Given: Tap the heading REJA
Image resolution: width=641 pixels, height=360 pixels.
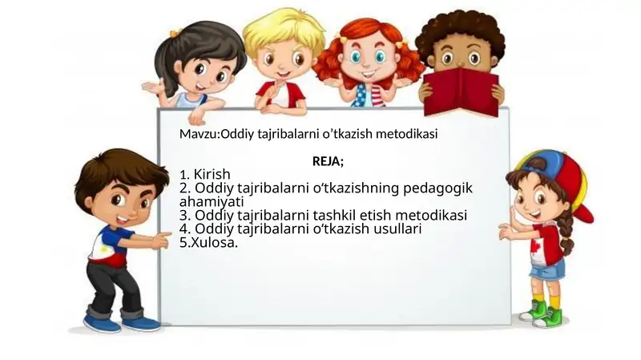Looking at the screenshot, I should (x=327, y=161).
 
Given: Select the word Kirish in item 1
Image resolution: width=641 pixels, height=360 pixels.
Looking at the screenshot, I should (x=212, y=174).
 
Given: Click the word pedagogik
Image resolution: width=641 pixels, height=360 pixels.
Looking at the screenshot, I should (x=442, y=188).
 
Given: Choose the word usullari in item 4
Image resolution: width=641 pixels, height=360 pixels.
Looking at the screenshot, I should (x=395, y=229).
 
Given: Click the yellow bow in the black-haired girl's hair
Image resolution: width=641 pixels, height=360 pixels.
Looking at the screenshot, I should (x=175, y=34).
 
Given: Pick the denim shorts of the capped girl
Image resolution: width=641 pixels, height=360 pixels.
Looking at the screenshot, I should (x=547, y=269).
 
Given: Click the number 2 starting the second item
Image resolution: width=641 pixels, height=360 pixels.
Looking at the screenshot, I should (x=185, y=188).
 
